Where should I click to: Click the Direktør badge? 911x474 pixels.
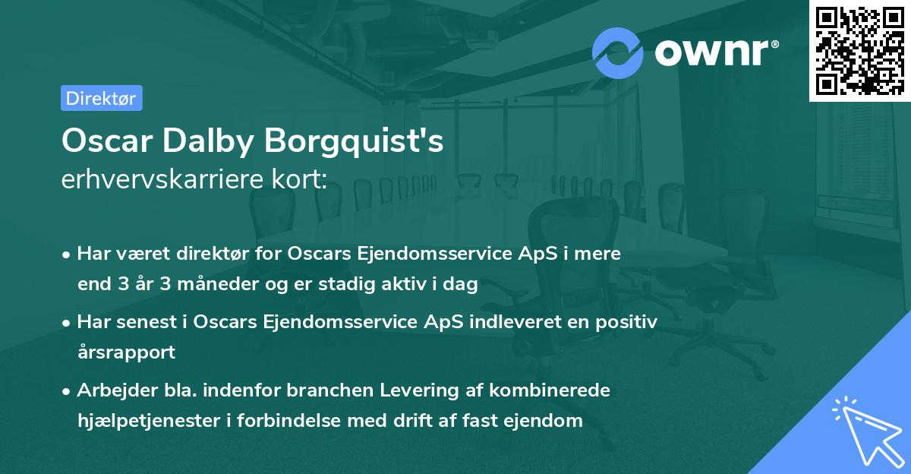pyautogui.click(x=101, y=98)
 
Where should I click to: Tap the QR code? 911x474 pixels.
pyautogui.click(x=859, y=50)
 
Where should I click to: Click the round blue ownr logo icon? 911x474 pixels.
pyautogui.click(x=618, y=53)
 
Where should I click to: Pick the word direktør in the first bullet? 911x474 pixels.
pyautogui.click(x=216, y=254)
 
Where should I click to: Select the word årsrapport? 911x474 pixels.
pyautogui.click(x=126, y=352)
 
